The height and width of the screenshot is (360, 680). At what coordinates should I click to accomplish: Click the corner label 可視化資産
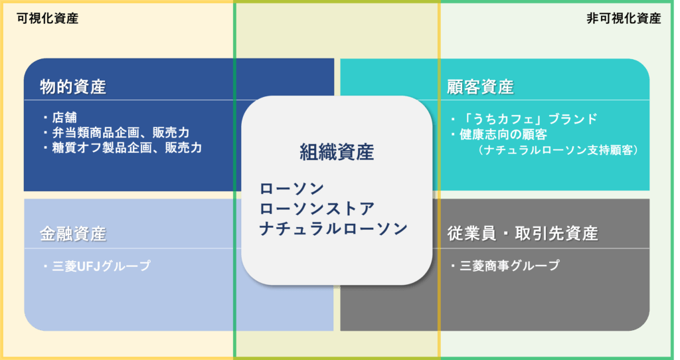tap(47, 19)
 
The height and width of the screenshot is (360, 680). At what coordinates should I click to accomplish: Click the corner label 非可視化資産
tap(624, 19)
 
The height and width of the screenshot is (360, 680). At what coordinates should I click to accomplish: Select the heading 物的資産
tap(73, 87)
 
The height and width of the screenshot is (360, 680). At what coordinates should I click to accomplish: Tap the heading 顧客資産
tap(481, 87)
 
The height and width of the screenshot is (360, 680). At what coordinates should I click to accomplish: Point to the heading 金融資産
tap(73, 234)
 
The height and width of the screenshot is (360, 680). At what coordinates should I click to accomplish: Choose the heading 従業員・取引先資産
tap(523, 234)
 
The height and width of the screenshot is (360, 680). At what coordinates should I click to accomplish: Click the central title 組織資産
tap(337, 152)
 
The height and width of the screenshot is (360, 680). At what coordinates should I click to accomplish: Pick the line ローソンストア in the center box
tap(317, 209)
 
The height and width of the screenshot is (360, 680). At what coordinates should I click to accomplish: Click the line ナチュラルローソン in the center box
tap(333, 228)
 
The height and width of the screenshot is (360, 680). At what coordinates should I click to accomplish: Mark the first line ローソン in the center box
tap(292, 189)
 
